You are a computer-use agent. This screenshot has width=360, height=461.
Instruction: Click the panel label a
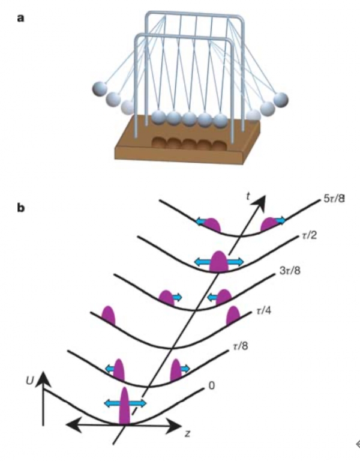[x=20, y=18]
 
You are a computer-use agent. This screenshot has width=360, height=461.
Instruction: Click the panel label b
[x=21, y=208]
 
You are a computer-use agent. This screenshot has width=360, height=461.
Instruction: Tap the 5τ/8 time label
[x=334, y=199]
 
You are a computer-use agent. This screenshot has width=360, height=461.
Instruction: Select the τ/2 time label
[x=310, y=235]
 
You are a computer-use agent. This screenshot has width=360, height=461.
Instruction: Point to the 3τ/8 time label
[x=290, y=271]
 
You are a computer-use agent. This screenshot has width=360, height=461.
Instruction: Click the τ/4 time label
[x=263, y=310]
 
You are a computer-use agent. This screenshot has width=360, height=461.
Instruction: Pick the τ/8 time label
[x=240, y=346]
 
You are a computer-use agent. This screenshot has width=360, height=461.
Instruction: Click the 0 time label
[x=212, y=385]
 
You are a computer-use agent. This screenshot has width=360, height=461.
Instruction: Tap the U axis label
[x=29, y=381]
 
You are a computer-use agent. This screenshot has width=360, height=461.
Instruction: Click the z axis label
[x=187, y=433]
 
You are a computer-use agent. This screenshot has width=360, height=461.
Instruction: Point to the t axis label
[x=248, y=196]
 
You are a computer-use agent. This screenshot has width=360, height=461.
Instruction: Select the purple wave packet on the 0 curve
[x=125, y=406]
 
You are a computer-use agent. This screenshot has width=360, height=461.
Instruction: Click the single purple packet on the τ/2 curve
[x=218, y=261]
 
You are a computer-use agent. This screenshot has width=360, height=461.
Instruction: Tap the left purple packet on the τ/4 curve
[x=109, y=316]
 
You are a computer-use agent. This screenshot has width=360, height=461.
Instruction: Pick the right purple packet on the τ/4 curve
[x=233, y=315]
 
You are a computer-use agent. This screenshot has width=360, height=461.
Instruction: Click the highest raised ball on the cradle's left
[x=100, y=88]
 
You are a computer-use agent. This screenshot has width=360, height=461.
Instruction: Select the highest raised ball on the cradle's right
[x=281, y=100]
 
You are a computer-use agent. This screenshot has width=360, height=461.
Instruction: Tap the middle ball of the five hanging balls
[x=190, y=119]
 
